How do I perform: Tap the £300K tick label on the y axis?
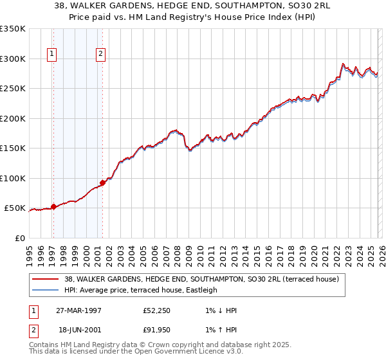(13, 59)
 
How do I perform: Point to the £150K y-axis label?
(13, 148)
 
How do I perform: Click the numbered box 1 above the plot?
(51, 55)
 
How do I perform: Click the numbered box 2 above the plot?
(101, 55)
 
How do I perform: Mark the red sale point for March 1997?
(54, 206)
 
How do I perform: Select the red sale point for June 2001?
(102, 183)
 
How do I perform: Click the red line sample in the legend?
(46, 279)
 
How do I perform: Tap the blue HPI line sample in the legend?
(46, 290)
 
